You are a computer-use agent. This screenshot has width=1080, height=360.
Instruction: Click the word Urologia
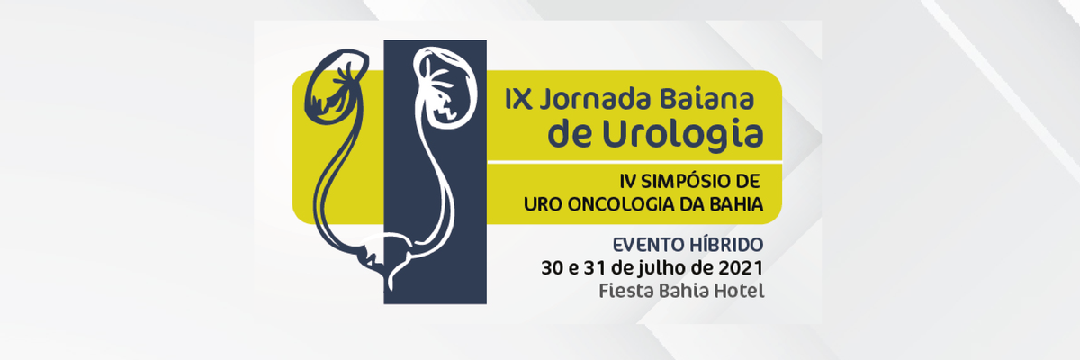click(x=683, y=133)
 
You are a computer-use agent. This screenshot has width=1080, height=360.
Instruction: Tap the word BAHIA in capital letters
click(x=736, y=205)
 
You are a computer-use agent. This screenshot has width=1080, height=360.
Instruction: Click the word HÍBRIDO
click(x=726, y=244)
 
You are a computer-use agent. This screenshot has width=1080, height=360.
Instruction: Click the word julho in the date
click(x=664, y=269)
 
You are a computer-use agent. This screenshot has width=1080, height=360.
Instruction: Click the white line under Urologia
click(x=634, y=162)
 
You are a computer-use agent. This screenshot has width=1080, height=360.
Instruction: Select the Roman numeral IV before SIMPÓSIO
click(x=628, y=182)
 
